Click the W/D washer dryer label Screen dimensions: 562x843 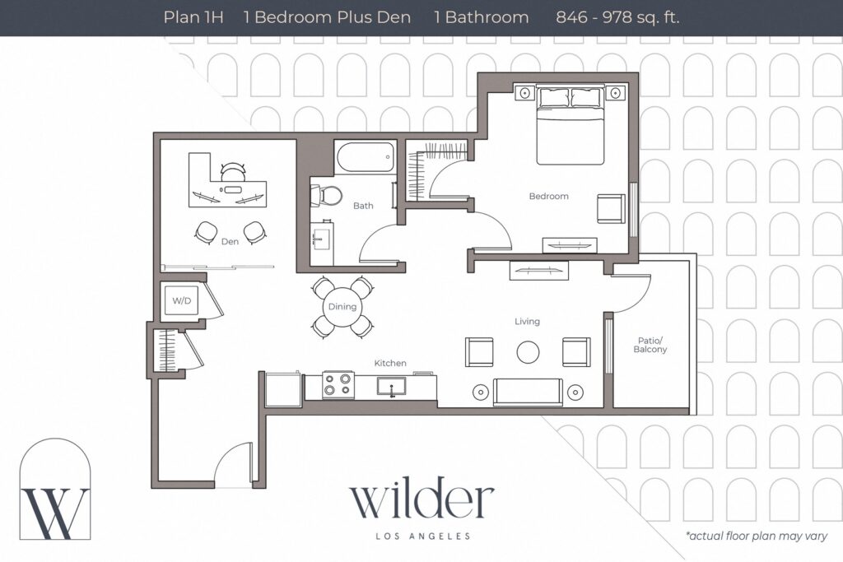pos(181,301)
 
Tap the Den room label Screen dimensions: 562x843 pos(230,241)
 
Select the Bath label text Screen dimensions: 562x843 pos(363,206)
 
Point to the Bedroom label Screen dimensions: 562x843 pos(548,196)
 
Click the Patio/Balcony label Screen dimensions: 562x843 pos(650,345)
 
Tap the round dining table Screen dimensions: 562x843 pos(342,307)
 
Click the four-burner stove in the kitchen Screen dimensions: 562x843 pos(338,384)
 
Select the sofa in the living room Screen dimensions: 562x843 pos(528,392)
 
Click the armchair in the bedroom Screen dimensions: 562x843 pos(610,208)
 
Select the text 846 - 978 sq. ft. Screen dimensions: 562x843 pos(617,17)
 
